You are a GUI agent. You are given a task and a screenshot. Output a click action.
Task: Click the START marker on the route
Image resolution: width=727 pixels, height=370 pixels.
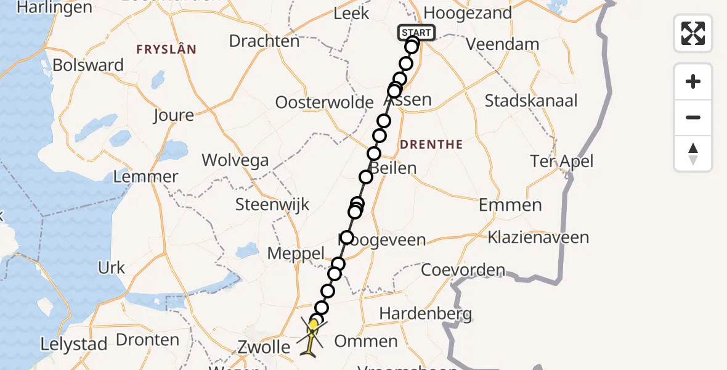[x=417, y=33]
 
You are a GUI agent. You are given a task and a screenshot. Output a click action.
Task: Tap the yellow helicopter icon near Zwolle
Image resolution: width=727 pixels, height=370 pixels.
[x=313, y=334]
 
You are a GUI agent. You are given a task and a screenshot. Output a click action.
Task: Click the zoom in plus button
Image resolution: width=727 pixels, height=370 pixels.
[x=693, y=81]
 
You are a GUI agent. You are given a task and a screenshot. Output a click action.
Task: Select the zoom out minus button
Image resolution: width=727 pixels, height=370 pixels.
[x=693, y=117]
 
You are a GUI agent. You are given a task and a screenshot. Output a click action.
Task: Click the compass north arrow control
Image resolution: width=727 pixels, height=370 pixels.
[x=693, y=153]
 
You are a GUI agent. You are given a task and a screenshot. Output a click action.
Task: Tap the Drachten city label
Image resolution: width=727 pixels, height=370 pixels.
[x=264, y=41]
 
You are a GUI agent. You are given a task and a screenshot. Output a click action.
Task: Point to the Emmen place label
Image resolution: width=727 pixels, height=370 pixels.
[x=510, y=205]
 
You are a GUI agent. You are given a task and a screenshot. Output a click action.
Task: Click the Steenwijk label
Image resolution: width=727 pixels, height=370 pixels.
[x=272, y=204]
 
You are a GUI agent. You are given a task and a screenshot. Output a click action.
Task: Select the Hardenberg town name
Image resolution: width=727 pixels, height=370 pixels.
[x=425, y=313]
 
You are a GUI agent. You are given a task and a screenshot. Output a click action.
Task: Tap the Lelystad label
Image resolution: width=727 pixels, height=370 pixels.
[x=75, y=344]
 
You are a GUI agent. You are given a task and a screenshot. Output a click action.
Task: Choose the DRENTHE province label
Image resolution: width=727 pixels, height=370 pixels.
[x=431, y=145]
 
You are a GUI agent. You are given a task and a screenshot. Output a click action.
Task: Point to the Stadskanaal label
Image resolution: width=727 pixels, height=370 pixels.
[x=531, y=101]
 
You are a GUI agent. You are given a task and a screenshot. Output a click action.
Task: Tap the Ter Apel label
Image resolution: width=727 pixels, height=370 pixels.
[x=561, y=162]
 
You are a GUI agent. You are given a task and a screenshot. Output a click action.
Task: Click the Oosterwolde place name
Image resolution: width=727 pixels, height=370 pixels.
[x=325, y=102]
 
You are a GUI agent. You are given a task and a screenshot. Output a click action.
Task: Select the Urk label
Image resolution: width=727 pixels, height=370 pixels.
[x=111, y=268]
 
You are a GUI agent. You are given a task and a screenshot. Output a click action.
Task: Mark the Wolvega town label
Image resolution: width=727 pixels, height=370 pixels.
[x=235, y=161]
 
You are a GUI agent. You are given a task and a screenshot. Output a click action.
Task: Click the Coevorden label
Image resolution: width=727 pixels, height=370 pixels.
[x=463, y=270]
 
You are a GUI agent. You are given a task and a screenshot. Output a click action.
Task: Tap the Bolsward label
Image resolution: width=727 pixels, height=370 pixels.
[x=88, y=65]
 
